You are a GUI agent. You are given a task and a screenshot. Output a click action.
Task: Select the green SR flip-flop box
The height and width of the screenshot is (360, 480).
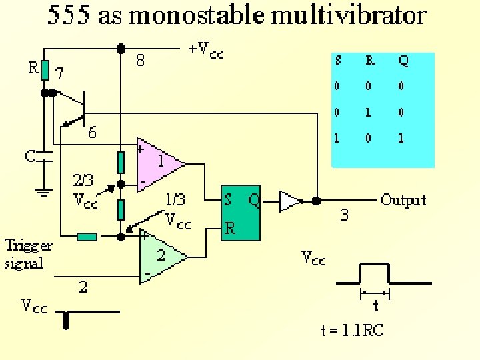241,213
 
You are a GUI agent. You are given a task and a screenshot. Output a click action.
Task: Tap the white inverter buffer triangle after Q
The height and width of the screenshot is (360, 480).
289,200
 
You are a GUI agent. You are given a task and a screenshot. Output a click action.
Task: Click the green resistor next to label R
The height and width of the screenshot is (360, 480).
45,69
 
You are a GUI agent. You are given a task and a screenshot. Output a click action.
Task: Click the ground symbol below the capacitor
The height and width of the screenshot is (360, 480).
45,192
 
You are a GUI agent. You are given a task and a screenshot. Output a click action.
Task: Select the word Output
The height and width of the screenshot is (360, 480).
403,200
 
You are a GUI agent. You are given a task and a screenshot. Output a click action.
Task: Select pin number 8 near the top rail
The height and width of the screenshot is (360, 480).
140,61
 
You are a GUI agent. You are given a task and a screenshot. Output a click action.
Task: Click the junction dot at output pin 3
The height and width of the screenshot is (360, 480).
317,200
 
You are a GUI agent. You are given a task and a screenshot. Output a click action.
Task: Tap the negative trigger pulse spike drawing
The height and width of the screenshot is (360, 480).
66,321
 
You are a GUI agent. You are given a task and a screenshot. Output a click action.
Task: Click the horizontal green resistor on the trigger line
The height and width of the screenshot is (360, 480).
87,236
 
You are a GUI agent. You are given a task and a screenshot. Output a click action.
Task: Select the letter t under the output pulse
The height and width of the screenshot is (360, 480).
375,306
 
